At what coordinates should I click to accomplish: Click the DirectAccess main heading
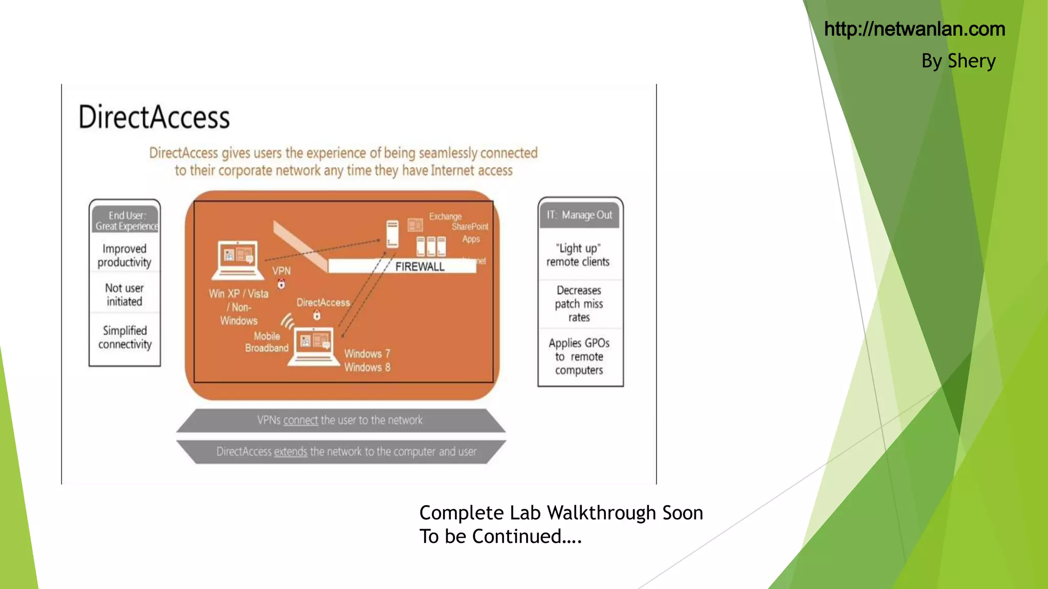154,117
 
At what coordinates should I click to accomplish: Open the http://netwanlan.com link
914,29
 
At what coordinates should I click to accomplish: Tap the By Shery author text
958,61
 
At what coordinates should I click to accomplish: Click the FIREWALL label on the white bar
420,266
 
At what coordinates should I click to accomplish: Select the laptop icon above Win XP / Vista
238,260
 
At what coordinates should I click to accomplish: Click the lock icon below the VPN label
281,284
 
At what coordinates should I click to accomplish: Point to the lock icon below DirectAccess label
317,315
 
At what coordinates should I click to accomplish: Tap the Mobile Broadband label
267,342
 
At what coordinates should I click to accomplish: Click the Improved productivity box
124,255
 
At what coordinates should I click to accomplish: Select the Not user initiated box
124,294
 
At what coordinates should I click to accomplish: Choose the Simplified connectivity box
125,337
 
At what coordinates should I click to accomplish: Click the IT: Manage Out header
579,215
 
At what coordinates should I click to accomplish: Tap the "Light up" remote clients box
578,255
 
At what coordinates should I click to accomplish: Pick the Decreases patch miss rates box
579,304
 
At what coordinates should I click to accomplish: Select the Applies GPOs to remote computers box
579,356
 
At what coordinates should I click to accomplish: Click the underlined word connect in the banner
300,420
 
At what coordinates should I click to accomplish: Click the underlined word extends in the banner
290,452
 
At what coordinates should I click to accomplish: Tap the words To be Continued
500,536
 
